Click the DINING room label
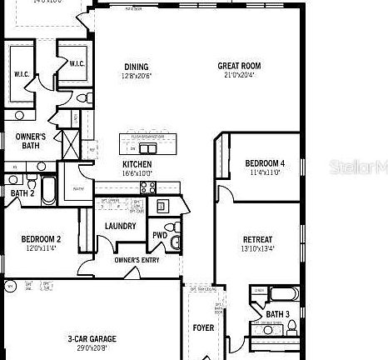pyautogui.click(x=137, y=67)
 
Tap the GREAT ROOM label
pyautogui.click(x=240, y=66)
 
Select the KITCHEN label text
pyautogui.click(x=137, y=164)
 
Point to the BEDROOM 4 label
pyautogui.click(x=265, y=163)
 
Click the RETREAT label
pyautogui.click(x=258, y=239)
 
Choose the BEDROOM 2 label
pyautogui.click(x=42, y=239)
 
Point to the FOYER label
pyautogui.click(x=203, y=327)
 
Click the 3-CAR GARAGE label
pyautogui.click(x=92, y=338)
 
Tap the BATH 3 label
pyautogui.click(x=278, y=313)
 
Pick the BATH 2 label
pyautogui.click(x=21, y=193)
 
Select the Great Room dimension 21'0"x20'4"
pyautogui.click(x=240, y=76)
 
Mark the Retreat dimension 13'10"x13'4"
pyautogui.click(x=258, y=248)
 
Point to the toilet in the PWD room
pyautogui.click(x=170, y=227)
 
